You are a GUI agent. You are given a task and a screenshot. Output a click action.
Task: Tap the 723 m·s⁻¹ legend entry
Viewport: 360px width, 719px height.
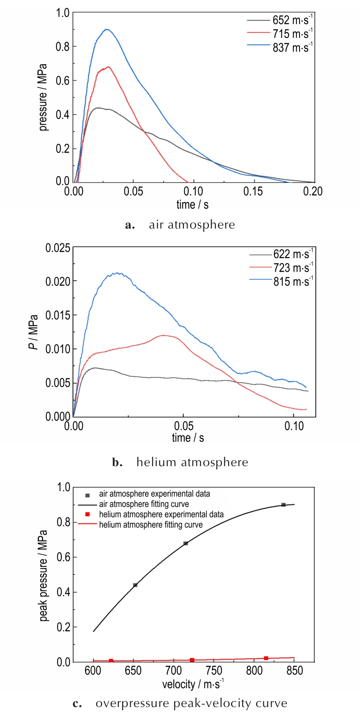(293, 268)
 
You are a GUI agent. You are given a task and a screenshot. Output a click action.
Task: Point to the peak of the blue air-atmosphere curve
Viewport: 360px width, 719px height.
(106, 30)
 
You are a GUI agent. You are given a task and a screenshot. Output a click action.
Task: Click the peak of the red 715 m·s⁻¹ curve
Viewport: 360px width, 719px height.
(108, 67)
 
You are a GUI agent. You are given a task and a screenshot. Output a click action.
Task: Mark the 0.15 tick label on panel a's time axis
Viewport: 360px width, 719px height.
(253, 191)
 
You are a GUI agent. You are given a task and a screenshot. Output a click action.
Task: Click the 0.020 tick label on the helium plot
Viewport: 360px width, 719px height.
(58, 281)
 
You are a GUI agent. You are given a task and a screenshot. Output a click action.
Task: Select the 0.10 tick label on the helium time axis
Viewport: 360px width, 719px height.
(294, 426)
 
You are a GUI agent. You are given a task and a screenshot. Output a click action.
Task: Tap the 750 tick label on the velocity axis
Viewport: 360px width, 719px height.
(214, 670)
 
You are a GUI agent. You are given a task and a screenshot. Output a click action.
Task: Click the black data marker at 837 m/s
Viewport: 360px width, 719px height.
(284, 505)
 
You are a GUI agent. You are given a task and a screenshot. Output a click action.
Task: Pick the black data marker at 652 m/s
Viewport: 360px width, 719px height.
(135, 585)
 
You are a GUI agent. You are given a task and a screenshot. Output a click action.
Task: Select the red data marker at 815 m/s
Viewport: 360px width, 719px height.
(266, 658)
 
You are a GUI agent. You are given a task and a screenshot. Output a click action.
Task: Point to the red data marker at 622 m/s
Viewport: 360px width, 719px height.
(111, 661)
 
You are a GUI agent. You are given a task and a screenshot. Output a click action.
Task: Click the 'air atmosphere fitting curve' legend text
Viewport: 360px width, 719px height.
(144, 504)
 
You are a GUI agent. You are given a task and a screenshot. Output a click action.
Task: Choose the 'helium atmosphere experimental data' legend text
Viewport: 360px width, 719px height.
(161, 514)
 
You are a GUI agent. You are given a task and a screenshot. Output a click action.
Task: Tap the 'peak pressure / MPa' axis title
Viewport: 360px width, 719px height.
(43, 576)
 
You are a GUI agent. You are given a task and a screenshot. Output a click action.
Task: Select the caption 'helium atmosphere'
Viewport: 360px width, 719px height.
(192, 462)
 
